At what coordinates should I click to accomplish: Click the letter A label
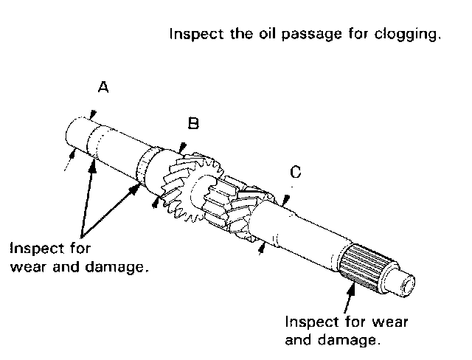(x=104, y=88)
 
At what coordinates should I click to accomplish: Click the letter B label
(x=193, y=124)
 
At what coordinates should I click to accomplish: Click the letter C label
(x=296, y=173)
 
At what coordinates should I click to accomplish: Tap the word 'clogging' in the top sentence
(x=412, y=35)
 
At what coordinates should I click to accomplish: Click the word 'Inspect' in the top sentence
(x=191, y=35)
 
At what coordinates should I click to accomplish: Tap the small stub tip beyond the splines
(x=409, y=283)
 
